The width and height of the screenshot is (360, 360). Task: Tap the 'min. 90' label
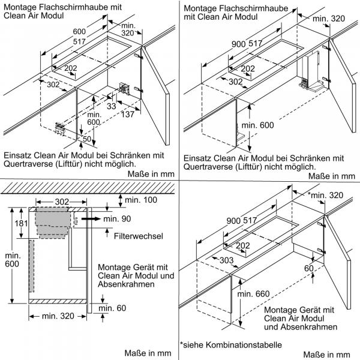tap(116, 220)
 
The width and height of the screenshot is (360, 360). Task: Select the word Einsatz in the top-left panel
tap(17, 154)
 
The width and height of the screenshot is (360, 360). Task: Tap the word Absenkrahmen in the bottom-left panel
tap(126, 284)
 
